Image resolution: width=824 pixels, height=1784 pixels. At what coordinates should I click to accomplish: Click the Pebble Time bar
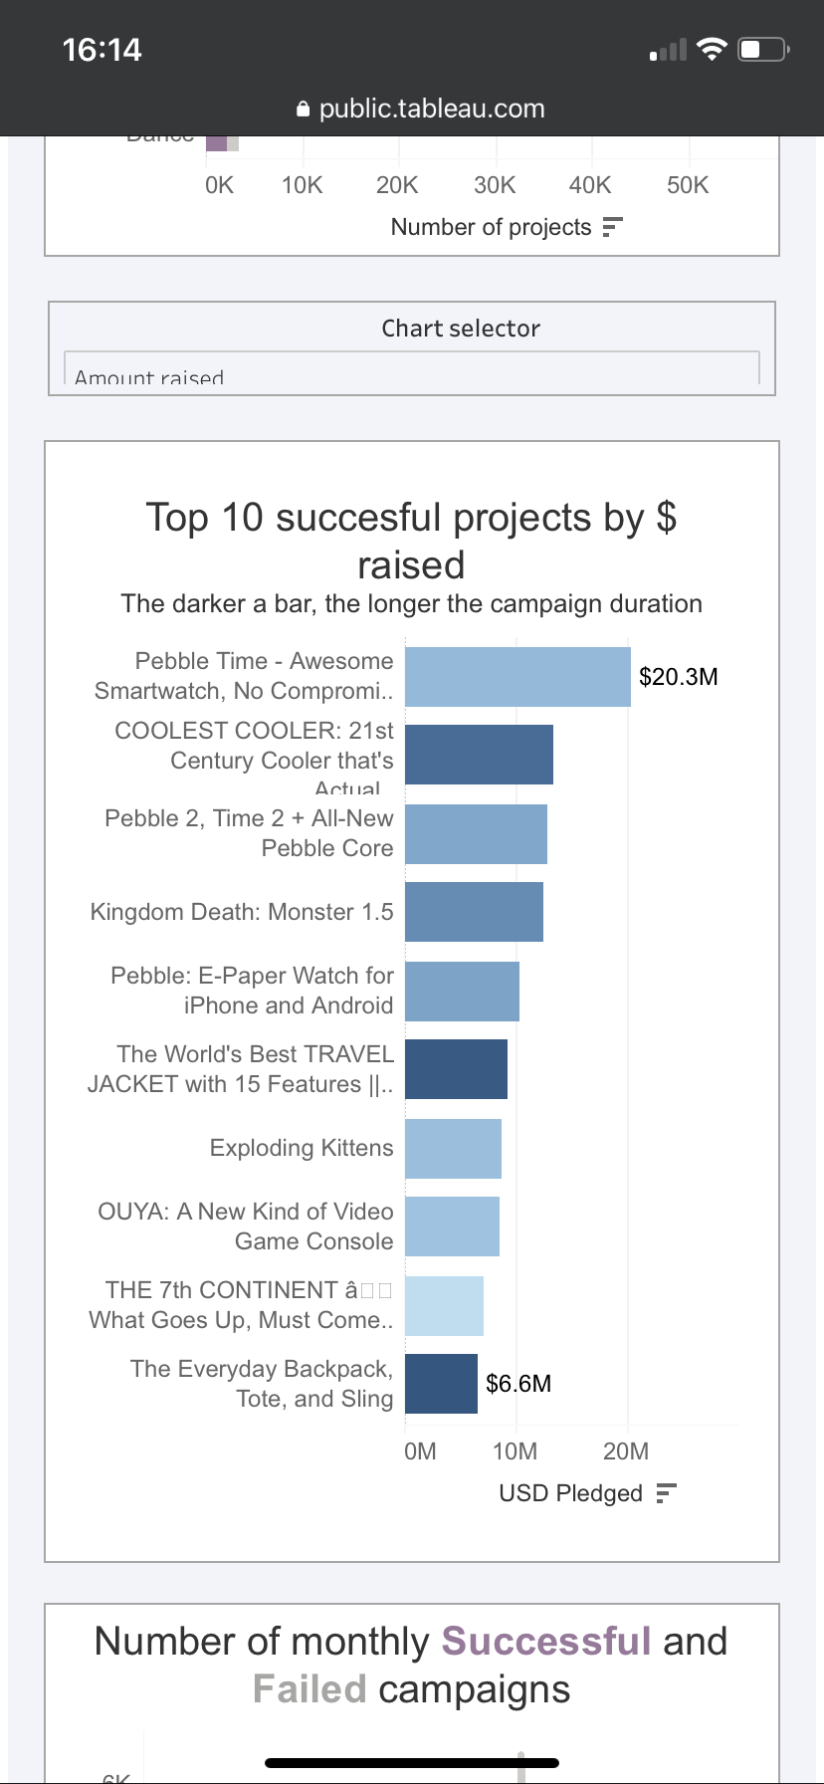(517, 677)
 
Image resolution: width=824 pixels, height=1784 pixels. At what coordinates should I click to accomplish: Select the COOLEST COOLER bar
(479, 755)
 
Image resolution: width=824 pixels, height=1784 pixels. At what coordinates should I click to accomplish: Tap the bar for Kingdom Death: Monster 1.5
(474, 912)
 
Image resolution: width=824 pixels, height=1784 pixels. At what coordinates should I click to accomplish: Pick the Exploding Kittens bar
(453, 1148)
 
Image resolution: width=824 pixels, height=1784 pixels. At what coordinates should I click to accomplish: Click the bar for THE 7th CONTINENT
(444, 1305)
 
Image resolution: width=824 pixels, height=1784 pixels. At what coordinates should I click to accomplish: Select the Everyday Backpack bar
(441, 1384)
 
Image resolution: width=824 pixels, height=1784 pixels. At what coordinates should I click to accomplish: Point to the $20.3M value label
(678, 677)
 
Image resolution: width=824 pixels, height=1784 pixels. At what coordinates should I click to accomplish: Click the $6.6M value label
(518, 1384)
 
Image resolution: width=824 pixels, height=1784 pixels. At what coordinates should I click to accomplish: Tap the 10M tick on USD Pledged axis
(515, 1451)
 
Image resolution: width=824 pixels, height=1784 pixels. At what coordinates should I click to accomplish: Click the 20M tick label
(626, 1451)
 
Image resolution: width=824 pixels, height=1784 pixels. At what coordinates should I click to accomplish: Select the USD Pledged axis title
(570, 1493)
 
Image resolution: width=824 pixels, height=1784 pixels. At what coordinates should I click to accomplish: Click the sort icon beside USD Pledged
(667, 1493)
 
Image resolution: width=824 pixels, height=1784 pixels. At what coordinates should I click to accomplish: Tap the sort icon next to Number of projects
(612, 227)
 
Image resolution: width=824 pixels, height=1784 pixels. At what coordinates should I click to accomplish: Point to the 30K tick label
(495, 185)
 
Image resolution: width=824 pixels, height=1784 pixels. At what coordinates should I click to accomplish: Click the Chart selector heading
(461, 329)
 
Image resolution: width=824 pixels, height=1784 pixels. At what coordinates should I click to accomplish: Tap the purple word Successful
(546, 1642)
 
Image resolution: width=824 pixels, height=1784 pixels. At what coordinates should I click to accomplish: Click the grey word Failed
(309, 1689)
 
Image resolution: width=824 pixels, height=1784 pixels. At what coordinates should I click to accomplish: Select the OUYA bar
(452, 1226)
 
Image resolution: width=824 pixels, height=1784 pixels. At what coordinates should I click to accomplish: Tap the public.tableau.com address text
(432, 109)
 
